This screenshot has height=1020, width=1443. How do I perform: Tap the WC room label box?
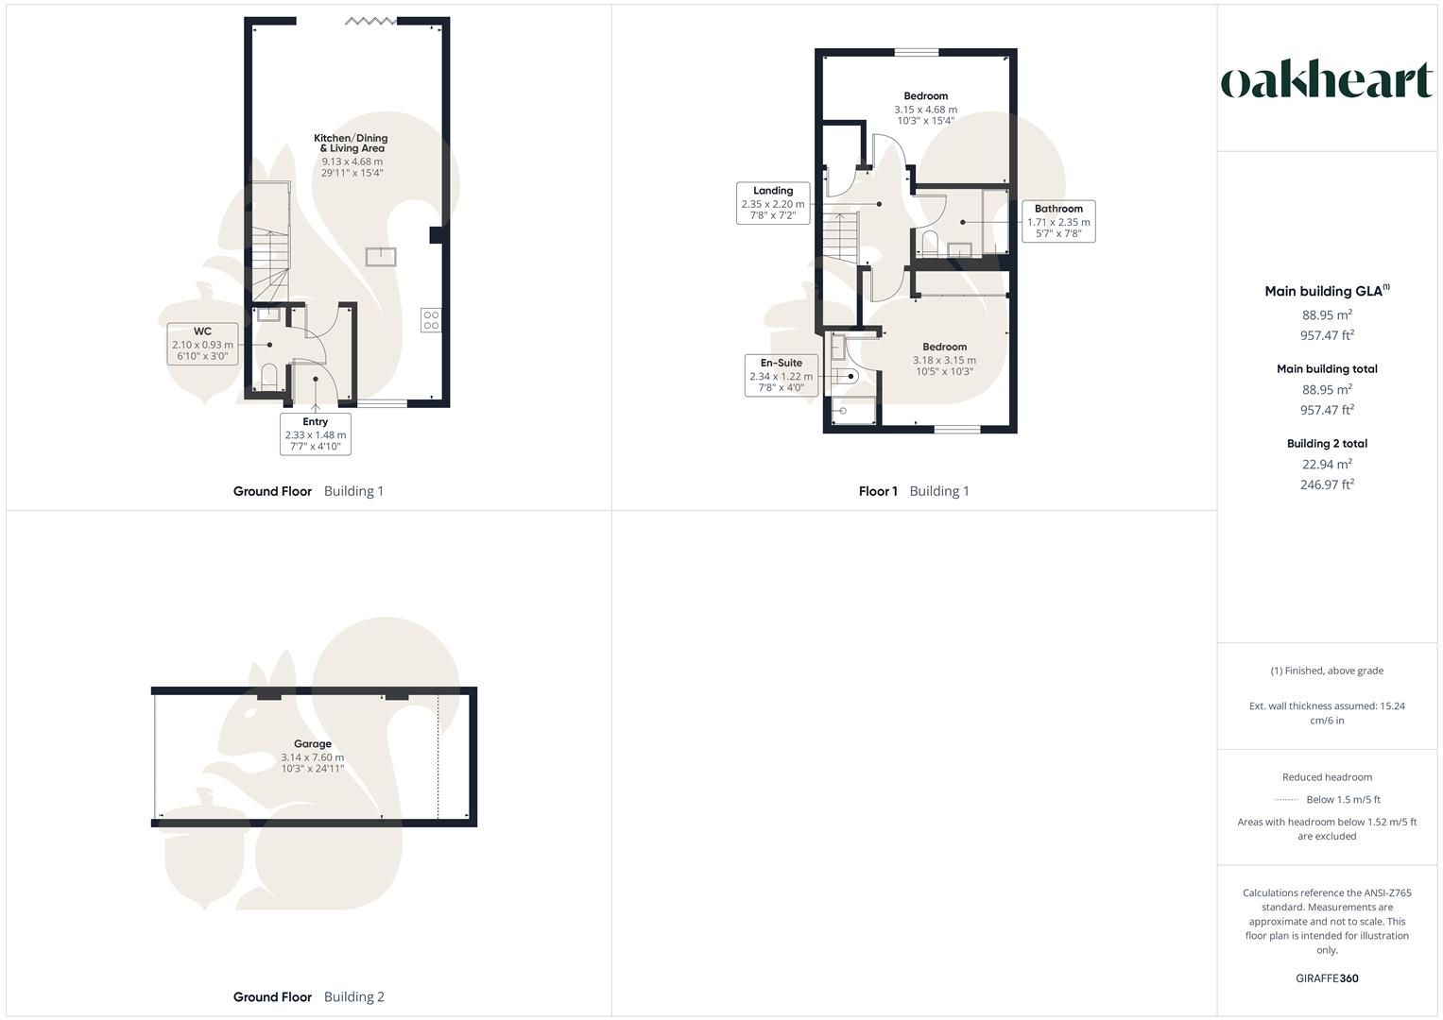point(202,344)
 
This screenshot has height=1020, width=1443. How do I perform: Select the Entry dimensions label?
point(315,434)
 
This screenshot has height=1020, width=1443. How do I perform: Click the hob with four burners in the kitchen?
point(431,320)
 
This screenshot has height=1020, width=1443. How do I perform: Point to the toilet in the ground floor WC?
point(268,377)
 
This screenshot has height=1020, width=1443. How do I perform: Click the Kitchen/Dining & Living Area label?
point(352,155)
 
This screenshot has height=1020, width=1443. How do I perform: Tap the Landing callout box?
point(773,203)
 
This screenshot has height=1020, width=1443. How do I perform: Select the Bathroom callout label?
point(1058,221)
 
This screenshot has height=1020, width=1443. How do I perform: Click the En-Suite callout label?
point(781,375)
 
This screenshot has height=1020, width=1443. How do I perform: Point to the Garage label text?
point(313,744)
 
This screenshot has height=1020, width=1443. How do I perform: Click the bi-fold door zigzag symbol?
point(370,21)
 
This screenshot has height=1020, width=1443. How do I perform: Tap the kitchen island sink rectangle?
point(381,257)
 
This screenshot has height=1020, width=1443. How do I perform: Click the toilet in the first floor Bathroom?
point(929,244)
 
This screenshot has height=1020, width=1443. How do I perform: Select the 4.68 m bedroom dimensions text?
point(926,110)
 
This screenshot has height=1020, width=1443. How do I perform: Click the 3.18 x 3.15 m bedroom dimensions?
point(944,360)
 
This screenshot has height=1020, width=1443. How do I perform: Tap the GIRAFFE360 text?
point(1327,978)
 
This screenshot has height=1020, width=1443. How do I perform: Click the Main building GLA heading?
point(1327,291)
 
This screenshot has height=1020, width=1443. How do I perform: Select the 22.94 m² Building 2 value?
point(1327,464)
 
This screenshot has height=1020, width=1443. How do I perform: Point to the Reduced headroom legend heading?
point(1327,777)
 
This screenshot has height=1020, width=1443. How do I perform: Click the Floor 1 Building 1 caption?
point(914,491)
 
